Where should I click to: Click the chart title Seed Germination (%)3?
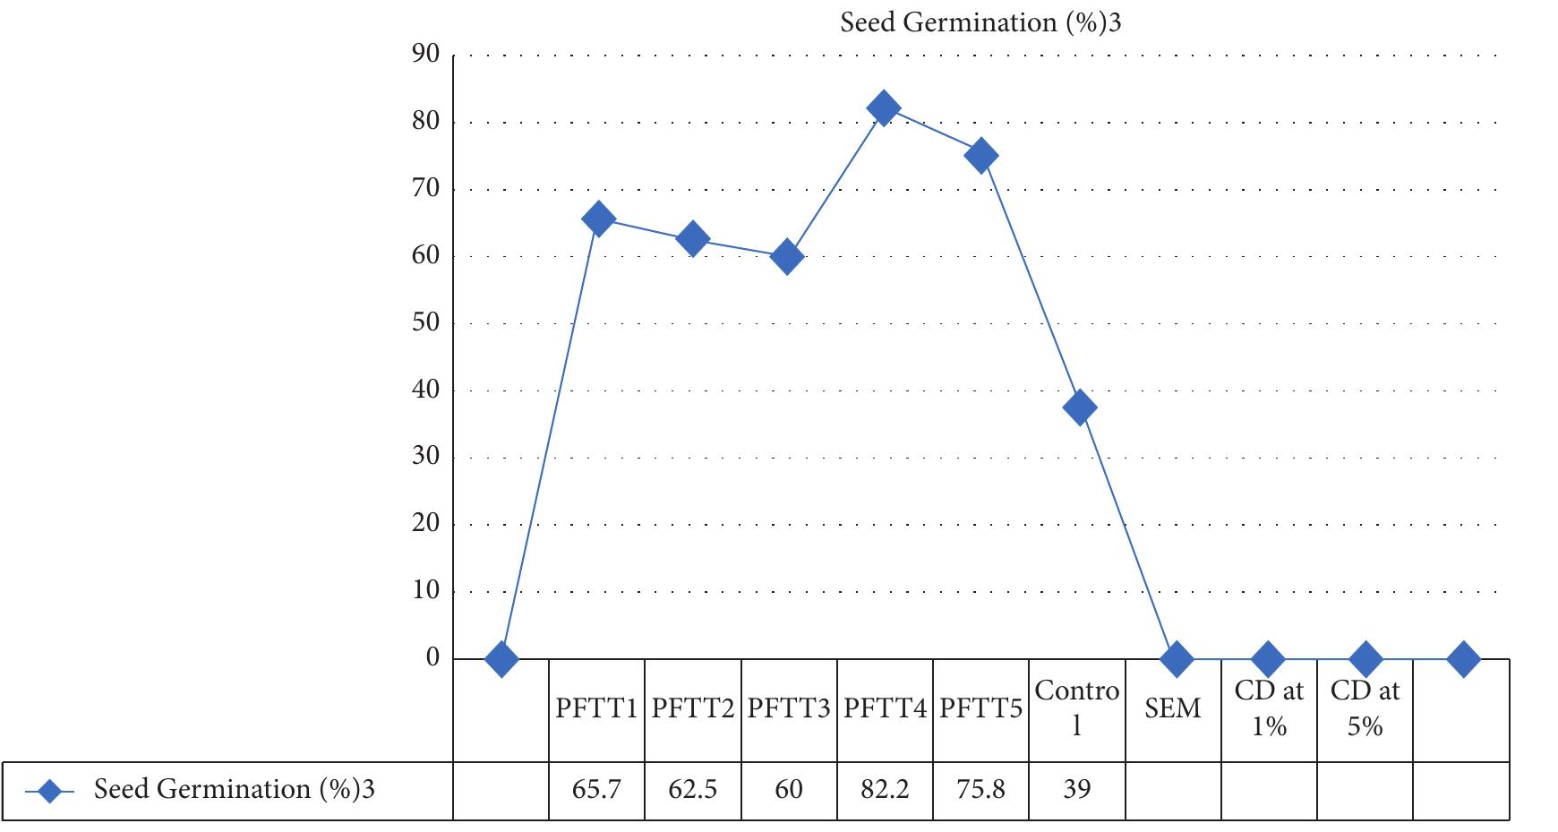coord(980,23)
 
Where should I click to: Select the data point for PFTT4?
coord(883,108)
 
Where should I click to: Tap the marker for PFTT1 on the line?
coord(598,219)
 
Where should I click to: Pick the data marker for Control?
coord(1079,407)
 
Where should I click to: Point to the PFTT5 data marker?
coord(980,156)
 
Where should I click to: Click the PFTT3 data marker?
coord(787,258)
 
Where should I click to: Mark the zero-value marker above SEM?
coord(1176,660)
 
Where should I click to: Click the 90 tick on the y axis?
coord(426,55)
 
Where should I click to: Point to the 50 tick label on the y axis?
coord(426,322)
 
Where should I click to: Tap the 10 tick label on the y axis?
coord(426,591)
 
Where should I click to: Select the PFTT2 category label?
coord(693,709)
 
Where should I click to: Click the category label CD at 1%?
coord(1269,709)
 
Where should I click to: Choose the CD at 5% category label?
coord(1365,709)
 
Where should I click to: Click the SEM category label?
coord(1172,709)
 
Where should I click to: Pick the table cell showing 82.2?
coord(885,790)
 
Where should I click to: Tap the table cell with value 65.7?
coord(596,790)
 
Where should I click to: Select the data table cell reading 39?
coord(1077,790)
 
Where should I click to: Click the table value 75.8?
coord(980,790)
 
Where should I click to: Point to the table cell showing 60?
coord(789,790)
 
